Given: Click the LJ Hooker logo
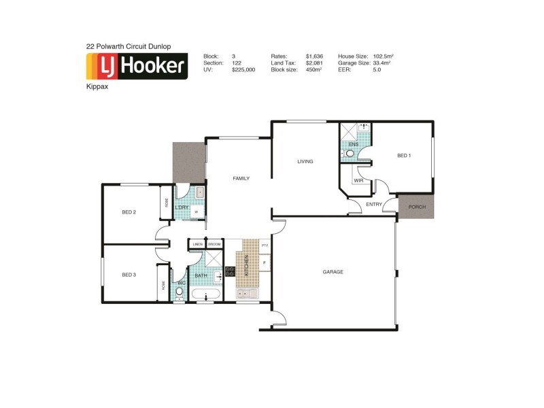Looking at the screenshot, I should pyautogui.click(x=136, y=67).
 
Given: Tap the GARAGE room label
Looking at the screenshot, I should pyautogui.click(x=333, y=272).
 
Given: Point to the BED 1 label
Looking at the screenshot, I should pyautogui.click(x=404, y=156).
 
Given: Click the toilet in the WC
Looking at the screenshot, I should pyautogui.click(x=180, y=292).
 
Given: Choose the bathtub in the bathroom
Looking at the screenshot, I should pyautogui.click(x=205, y=296).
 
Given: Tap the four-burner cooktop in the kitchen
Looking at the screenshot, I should pyautogui.click(x=230, y=271).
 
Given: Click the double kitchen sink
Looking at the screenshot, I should pyautogui.click(x=248, y=294).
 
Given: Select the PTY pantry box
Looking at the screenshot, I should pyautogui.click(x=265, y=245).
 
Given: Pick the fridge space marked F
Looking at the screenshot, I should pyautogui.click(x=265, y=262).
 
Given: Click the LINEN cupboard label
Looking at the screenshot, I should pyautogui.click(x=197, y=244).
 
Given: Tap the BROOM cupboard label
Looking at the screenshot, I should pyautogui.click(x=214, y=244).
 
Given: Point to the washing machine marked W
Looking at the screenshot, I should pyautogui.click(x=197, y=212).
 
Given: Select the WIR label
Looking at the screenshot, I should pyautogui.click(x=358, y=180).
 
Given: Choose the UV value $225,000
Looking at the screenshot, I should pyautogui.click(x=243, y=69).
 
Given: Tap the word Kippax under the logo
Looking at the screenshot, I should pyautogui.click(x=96, y=88).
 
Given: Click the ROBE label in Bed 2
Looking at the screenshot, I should pyautogui.click(x=165, y=203).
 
